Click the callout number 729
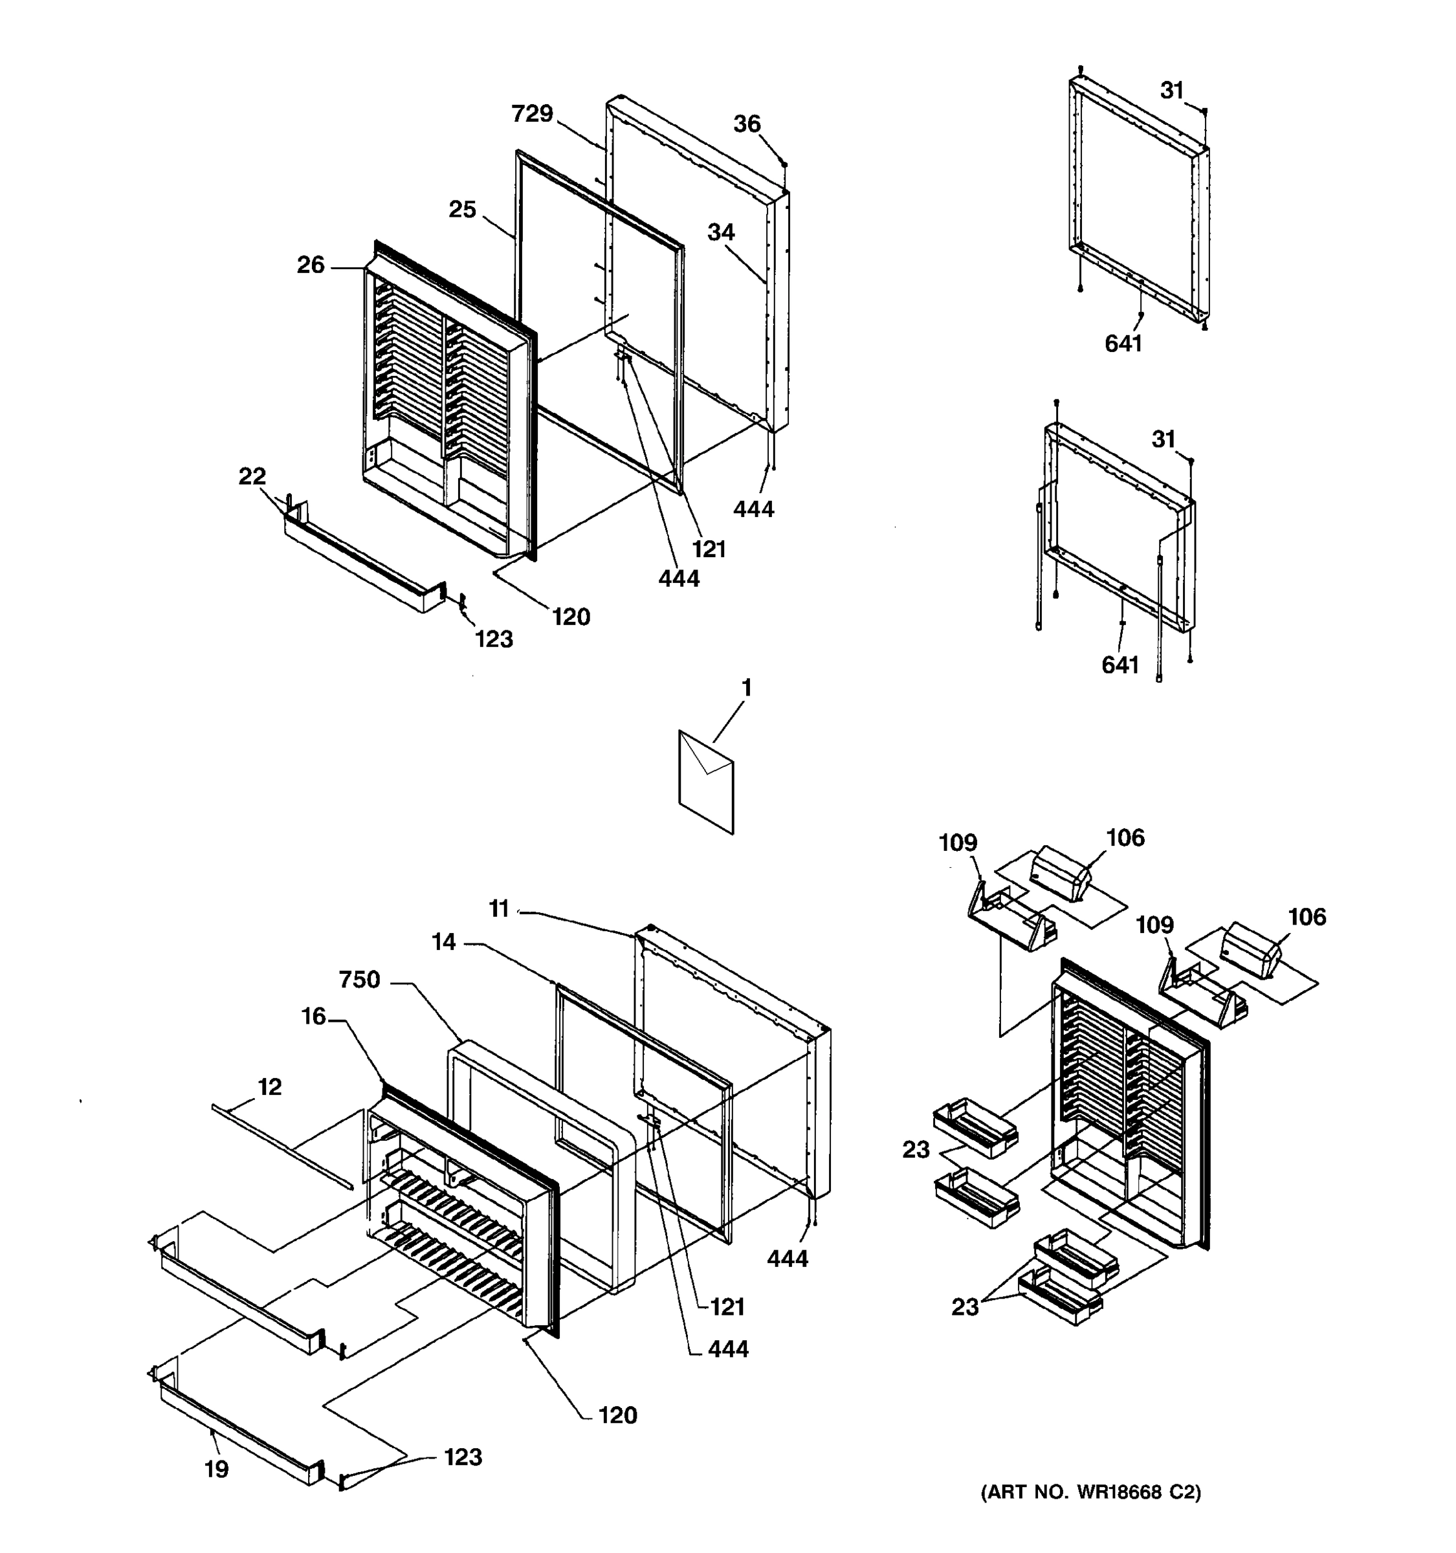tap(532, 114)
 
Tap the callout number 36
tap(747, 124)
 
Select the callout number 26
tap(310, 265)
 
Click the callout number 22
tap(252, 476)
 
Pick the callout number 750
tap(359, 980)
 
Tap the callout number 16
tap(313, 1017)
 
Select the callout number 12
tap(269, 1086)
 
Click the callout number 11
tap(498, 909)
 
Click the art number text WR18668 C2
tap(1090, 1492)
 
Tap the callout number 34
tap(721, 232)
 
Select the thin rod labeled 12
tap(281, 1145)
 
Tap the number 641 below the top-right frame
tap(1123, 343)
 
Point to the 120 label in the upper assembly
tap(571, 617)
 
